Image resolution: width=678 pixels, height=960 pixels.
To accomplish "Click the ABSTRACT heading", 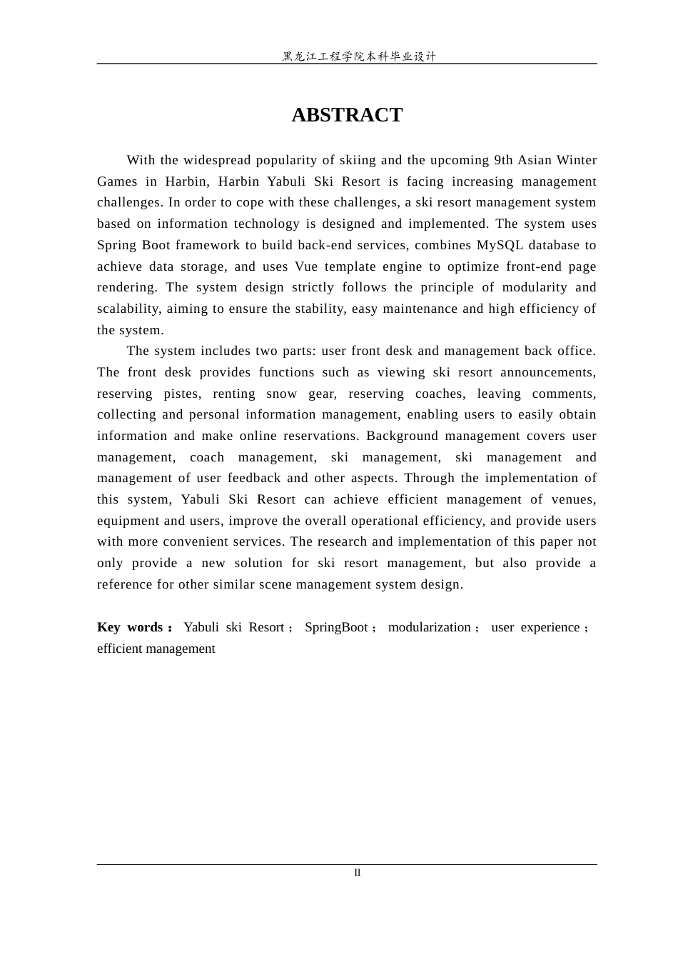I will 347,115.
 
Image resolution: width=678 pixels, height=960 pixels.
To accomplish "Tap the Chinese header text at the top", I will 358,56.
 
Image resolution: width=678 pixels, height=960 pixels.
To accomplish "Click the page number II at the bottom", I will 358,873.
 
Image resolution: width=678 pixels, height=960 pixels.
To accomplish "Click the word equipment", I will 128,521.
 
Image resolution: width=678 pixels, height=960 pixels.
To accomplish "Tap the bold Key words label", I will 134,627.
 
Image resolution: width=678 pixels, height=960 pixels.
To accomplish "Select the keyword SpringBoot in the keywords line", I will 336,627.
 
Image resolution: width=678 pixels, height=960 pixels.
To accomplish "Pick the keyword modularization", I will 430,627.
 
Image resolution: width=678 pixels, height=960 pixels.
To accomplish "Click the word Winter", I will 576,160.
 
